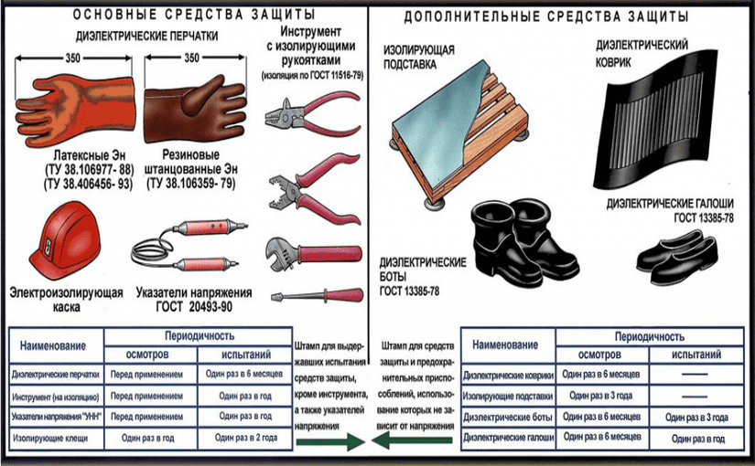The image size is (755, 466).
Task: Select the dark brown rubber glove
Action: (x=195, y=110)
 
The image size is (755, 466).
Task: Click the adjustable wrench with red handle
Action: (x=313, y=254)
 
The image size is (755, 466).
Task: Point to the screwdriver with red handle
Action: (x=317, y=295)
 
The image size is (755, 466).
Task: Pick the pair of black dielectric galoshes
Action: (x=677, y=257)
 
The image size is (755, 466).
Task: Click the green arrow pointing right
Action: (x=330, y=441)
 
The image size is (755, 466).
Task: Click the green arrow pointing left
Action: (x=412, y=440)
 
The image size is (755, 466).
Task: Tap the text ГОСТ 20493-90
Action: (x=194, y=307)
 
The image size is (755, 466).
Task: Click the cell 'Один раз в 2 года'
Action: (x=246, y=438)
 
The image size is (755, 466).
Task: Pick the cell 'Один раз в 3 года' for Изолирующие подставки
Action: (x=601, y=396)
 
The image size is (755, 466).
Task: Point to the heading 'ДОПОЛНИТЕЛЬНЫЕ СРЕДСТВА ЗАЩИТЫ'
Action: (x=546, y=16)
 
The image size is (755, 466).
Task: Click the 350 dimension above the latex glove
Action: (x=72, y=58)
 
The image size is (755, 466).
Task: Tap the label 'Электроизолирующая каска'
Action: (x=67, y=300)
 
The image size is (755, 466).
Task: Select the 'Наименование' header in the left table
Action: (x=53, y=345)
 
